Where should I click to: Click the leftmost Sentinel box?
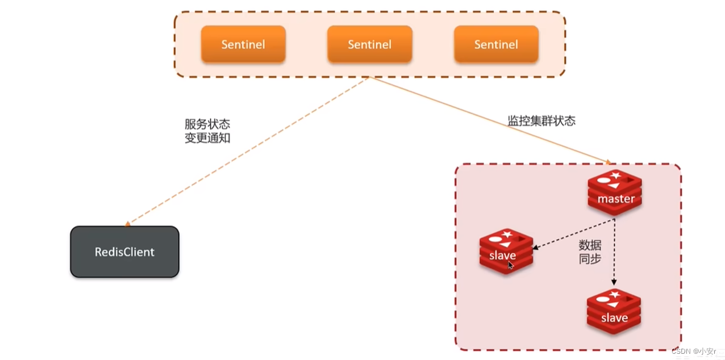[x=243, y=44]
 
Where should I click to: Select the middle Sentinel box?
[x=369, y=44]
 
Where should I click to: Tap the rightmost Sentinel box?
[x=496, y=44]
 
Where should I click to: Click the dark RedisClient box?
[x=124, y=252]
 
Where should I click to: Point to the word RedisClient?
[x=124, y=252]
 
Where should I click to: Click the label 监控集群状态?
[x=541, y=121]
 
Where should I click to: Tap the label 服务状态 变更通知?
[x=207, y=131]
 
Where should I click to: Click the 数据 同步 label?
[x=590, y=252]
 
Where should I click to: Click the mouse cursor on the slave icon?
[x=510, y=265]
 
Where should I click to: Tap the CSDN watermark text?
[x=693, y=351]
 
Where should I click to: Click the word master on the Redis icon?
[x=616, y=199]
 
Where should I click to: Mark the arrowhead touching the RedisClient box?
[x=128, y=224]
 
